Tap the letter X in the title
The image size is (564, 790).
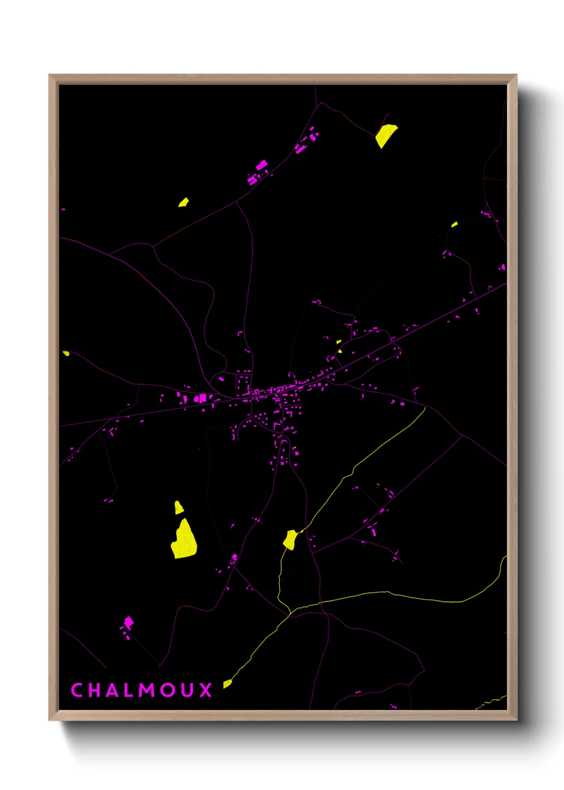coord(206,690)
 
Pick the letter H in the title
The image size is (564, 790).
coord(94,690)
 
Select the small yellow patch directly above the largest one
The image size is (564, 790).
coord(179,508)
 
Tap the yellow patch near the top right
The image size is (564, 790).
coord(385,135)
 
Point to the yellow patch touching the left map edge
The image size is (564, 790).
coord(66,353)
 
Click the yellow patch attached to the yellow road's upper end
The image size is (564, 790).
coord(290,539)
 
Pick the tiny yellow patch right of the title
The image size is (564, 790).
coord(227,683)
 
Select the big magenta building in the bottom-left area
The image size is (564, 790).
coord(128,622)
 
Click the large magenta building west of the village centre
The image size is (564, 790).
coord(202,398)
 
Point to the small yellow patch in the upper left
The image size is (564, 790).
coord(183,202)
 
